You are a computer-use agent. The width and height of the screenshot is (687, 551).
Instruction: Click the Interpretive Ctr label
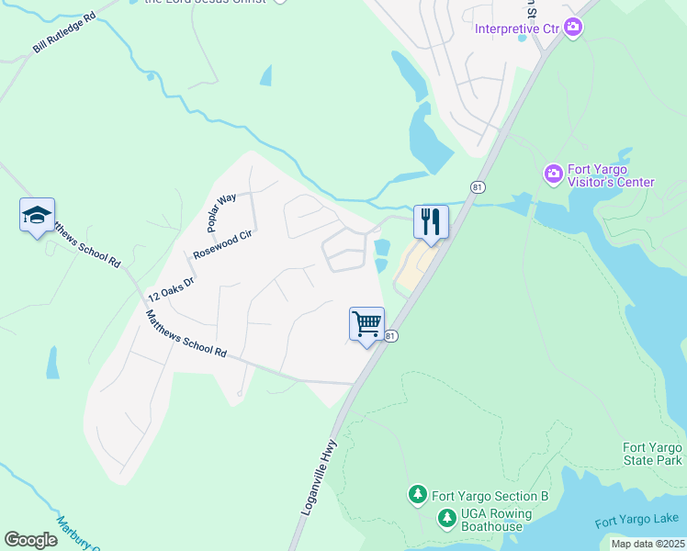pos(517,28)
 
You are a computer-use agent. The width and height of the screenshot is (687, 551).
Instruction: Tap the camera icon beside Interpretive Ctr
pos(574,27)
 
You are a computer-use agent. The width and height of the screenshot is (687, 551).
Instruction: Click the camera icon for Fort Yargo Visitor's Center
pos(553,173)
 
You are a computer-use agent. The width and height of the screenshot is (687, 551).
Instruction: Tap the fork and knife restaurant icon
pos(431,220)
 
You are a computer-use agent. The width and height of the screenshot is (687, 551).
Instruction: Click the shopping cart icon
pos(366,323)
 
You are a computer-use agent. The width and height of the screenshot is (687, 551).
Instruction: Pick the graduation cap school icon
pos(37,215)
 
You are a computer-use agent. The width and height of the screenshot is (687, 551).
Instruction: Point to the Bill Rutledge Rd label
pos(65,33)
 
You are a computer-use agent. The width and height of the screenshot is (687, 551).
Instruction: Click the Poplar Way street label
pos(221,212)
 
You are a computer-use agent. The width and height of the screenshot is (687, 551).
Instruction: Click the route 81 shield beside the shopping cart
pos(391,337)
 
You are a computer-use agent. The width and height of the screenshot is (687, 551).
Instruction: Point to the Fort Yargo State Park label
pos(652,454)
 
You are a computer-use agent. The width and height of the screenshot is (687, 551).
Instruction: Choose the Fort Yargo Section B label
pos(491,496)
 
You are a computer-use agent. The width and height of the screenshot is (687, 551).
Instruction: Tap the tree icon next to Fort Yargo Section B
pos(417,496)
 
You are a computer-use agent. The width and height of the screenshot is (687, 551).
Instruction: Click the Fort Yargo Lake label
pos(636,521)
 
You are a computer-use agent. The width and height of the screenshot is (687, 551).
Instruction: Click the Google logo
pos(30,540)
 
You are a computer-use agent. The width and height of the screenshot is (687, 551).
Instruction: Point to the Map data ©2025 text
pos(647,544)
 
